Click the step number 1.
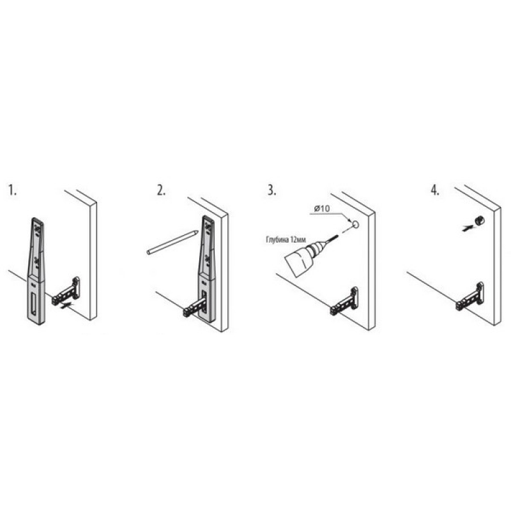tap(12, 190)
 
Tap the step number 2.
tap(161, 190)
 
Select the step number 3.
tap(271, 190)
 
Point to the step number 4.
tap(435, 190)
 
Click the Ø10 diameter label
tap(322, 208)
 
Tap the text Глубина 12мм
tap(286, 240)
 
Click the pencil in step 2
tap(172, 242)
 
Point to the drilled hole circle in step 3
tap(356, 224)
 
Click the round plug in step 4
tap(480, 220)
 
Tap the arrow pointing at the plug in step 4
tap(469, 227)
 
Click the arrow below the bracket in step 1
tap(68, 305)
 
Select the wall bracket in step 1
tap(66, 291)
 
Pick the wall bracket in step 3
tap(344, 301)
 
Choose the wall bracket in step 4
tap(470, 296)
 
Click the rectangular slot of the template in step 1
tap(34, 301)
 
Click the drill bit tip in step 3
tap(340, 234)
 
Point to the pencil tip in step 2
tap(197, 231)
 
